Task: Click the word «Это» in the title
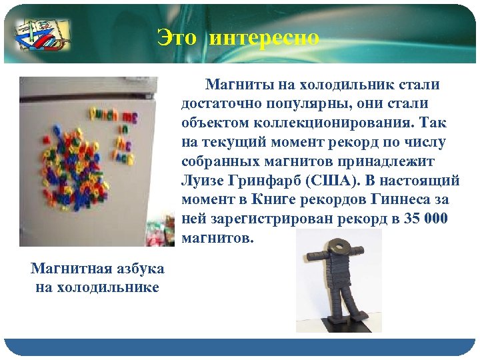(177, 38)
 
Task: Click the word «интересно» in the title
(264, 38)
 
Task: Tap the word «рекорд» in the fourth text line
(358, 143)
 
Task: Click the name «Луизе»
(204, 181)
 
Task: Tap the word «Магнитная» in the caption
(66, 269)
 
